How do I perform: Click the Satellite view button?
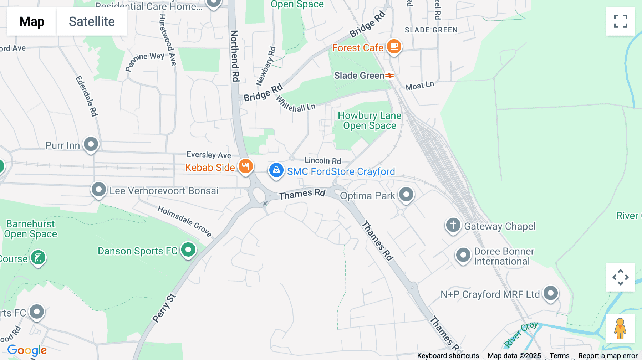(x=92, y=21)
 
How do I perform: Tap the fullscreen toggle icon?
(x=620, y=21)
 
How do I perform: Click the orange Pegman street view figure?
(x=620, y=329)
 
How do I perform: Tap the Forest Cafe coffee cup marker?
(x=394, y=46)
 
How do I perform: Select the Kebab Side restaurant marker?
(x=245, y=166)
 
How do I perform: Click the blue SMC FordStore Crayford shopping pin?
(x=276, y=170)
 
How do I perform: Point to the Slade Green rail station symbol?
(x=389, y=76)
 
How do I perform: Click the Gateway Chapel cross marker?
(x=453, y=225)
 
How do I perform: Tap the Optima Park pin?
(x=406, y=195)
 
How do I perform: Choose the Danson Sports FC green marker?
(x=188, y=250)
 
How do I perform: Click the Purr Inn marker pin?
(x=91, y=144)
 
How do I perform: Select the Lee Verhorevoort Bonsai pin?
(x=99, y=190)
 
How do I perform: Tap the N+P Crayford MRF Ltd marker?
(x=551, y=293)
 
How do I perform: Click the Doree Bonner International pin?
(x=463, y=255)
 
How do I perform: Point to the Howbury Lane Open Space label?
(x=370, y=120)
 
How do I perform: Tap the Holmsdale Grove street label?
(x=185, y=221)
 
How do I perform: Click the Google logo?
(x=27, y=350)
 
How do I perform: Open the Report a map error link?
(x=608, y=356)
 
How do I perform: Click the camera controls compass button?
(x=620, y=277)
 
